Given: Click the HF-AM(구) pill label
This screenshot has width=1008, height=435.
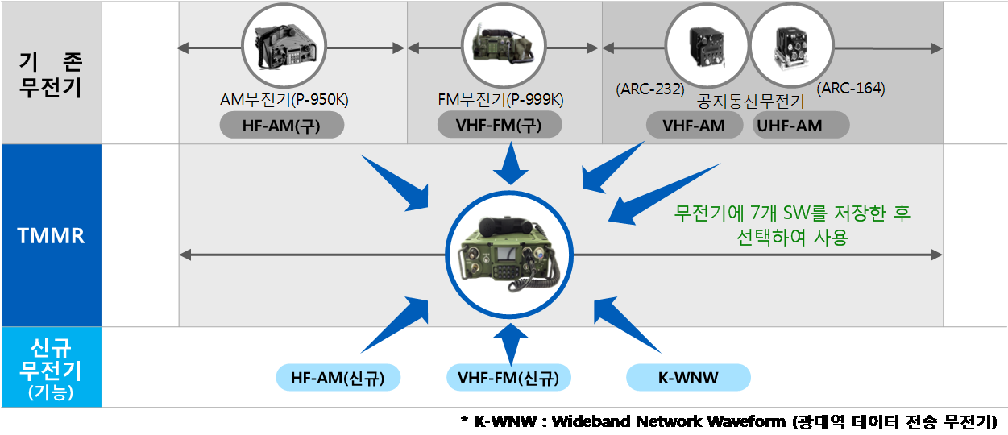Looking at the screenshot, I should point(281,126).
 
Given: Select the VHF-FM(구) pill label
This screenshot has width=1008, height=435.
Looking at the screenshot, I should point(500,126).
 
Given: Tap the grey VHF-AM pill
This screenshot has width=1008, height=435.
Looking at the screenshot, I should point(694,126).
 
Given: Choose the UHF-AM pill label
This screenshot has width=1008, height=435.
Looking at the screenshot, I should point(800,126).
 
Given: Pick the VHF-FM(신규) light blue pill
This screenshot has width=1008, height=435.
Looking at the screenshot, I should point(508,378).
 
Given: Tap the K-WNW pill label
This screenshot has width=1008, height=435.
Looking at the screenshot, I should point(688,378).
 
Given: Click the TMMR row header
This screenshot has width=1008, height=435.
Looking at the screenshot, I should point(51,236).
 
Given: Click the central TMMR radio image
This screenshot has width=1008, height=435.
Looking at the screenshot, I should point(508,255).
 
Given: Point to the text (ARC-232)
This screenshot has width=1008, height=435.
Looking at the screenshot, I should point(649,89).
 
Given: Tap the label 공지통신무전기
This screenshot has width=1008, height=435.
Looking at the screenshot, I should point(751,103).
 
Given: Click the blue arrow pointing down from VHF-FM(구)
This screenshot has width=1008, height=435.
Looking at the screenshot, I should point(509,164).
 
